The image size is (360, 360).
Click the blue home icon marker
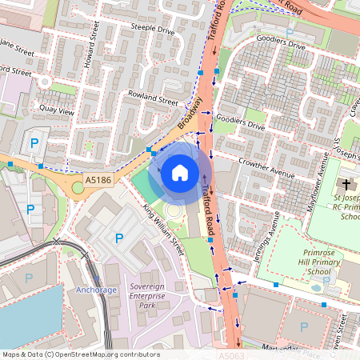pyautogui.click(x=180, y=172)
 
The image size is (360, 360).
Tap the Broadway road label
pyautogui.click(x=189, y=119)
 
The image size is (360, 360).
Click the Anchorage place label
pyautogui.click(x=97, y=290)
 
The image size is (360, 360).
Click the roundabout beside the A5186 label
pyautogui.click(x=78, y=187)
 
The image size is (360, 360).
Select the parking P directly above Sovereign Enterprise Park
pyautogui.click(x=119, y=238)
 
